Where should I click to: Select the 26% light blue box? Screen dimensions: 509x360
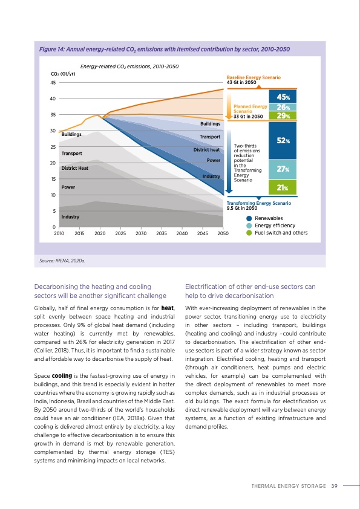click(x=283, y=108)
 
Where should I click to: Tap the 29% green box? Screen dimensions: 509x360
click(x=283, y=116)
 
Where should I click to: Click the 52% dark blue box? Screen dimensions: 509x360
click(x=283, y=140)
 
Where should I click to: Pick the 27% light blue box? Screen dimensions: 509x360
click(x=283, y=170)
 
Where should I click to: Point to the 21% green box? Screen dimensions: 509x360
click(x=283, y=187)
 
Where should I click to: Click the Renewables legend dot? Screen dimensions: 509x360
click(x=249, y=218)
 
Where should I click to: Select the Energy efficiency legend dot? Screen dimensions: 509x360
click(x=249, y=225)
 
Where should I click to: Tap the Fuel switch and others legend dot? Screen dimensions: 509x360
click(x=249, y=233)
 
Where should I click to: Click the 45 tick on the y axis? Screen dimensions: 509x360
click(x=53, y=83)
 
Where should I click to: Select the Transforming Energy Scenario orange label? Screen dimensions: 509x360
click(x=258, y=203)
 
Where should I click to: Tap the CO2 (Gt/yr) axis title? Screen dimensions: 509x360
click(x=63, y=74)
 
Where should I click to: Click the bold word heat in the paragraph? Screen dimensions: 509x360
click(x=167, y=310)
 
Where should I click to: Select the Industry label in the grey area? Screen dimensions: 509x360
click(x=70, y=216)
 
